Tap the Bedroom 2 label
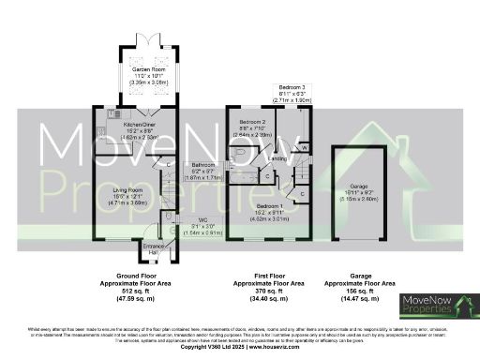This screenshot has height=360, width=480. [x=251, y=123]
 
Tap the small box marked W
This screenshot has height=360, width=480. [x=305, y=147]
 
